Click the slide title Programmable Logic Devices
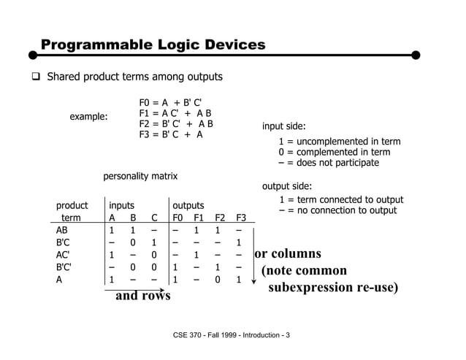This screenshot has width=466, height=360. [x=153, y=45]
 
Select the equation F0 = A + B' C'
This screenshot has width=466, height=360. [x=170, y=102]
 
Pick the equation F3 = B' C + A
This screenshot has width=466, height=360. [x=171, y=134]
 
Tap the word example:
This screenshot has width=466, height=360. [x=88, y=117]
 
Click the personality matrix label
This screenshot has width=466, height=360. [x=140, y=176]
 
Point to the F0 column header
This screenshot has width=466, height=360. [x=177, y=218]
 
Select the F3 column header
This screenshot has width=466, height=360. [x=240, y=218]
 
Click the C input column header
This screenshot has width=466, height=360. [x=153, y=218]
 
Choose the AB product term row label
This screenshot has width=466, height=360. [x=62, y=230]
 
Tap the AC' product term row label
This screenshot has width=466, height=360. [x=63, y=255]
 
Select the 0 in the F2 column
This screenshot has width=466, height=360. [x=218, y=280]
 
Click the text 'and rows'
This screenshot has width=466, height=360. [x=142, y=296]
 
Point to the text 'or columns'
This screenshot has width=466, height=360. [x=288, y=254]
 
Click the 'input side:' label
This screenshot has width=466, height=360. [x=283, y=126]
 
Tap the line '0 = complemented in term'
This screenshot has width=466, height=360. [x=335, y=152]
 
